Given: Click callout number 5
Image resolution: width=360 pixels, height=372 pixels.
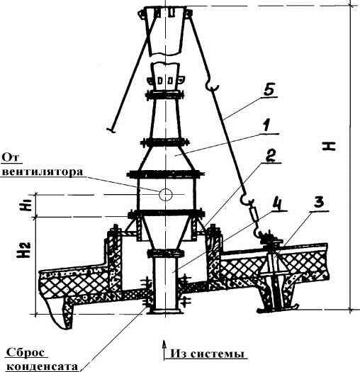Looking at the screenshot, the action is tap(269, 90).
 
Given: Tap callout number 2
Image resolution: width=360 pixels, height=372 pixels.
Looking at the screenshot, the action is tap(271, 156).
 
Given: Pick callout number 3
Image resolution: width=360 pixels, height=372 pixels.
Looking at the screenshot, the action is tap(319, 203).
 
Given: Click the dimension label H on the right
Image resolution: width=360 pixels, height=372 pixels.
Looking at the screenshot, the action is tap(329, 146).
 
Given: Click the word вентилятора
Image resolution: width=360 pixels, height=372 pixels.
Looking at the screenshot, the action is tap(43, 171).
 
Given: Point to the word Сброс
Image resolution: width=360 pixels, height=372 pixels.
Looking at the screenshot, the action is tap(26, 353).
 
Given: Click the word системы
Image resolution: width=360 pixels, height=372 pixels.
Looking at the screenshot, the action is tap(217, 354).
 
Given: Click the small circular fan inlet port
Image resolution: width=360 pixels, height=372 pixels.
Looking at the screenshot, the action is tap(165, 194).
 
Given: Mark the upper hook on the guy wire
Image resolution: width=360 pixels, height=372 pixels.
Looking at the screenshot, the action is tap(212, 86).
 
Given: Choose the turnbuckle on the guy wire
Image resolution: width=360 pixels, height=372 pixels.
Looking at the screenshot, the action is tap(254, 215).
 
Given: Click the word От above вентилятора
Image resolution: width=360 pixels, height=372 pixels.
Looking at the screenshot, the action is tap(11, 157).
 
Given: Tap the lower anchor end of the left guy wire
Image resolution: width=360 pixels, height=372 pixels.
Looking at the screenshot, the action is tap(111, 130).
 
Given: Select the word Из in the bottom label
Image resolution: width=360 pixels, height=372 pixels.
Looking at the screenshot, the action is tap(179, 354).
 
